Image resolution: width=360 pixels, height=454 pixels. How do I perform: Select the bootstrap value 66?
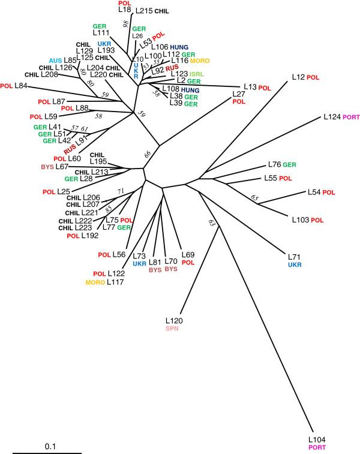pyautogui.click(x=146, y=154)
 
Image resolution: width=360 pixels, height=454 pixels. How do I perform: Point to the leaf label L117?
pyautogui.click(x=116, y=282)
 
